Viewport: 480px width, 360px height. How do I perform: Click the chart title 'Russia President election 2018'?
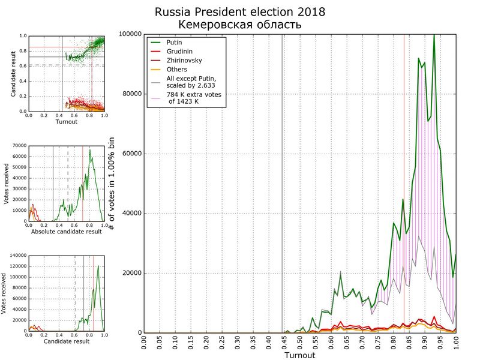pos(239,12)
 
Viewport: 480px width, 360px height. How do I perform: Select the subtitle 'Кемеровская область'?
pos(239,25)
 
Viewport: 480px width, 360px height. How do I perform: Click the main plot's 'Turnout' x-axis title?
pos(299,355)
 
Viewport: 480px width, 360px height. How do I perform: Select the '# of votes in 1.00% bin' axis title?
pos(112,183)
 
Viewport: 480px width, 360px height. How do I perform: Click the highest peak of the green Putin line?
pos(434,35)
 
